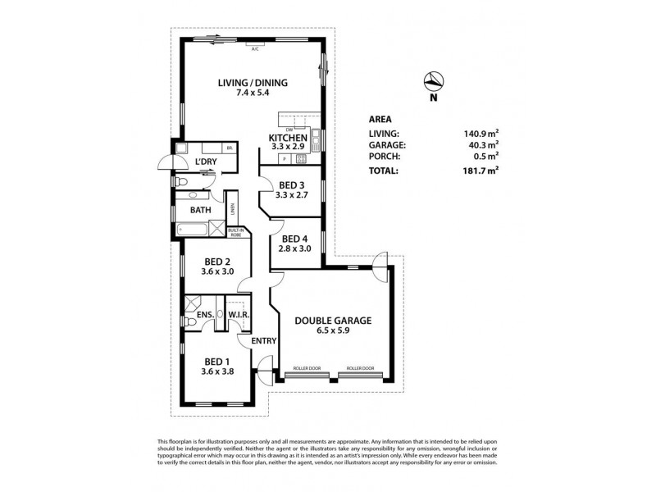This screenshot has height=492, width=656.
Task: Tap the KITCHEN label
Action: pos(288,137)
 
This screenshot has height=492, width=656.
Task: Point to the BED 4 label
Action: pos(294,239)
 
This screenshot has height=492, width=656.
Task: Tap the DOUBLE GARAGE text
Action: pos(332,321)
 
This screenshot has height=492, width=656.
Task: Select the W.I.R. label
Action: pos(238,314)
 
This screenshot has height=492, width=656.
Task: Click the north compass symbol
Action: pos(434,83)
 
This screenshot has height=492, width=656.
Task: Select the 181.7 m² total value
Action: pos(481,171)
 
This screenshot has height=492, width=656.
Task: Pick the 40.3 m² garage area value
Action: pos(482,145)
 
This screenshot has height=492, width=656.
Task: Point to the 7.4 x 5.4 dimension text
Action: pos(251,94)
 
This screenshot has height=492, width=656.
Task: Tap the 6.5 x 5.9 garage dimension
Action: pos(332,332)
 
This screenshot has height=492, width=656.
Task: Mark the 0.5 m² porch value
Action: pos(485,157)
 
